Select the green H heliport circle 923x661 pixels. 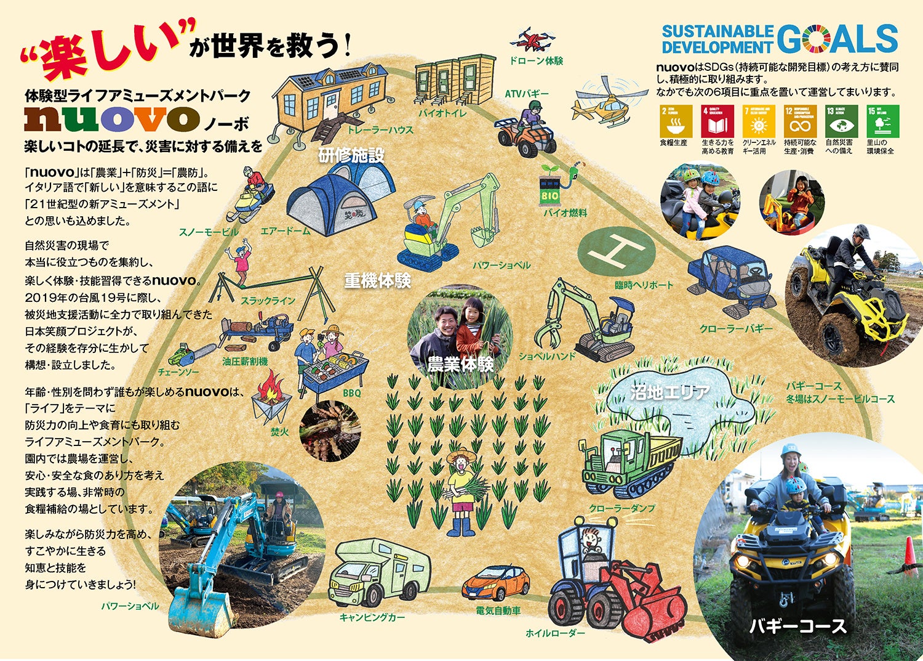pos(617,251)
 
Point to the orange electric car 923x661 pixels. pos(495,583)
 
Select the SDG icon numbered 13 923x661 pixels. pos(841,121)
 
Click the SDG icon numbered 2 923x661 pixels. pos(676,121)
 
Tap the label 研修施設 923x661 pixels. pos(351,155)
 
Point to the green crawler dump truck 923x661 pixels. pos(628,463)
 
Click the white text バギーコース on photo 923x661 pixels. pos(798,627)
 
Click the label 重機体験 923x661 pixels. pos(377,281)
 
